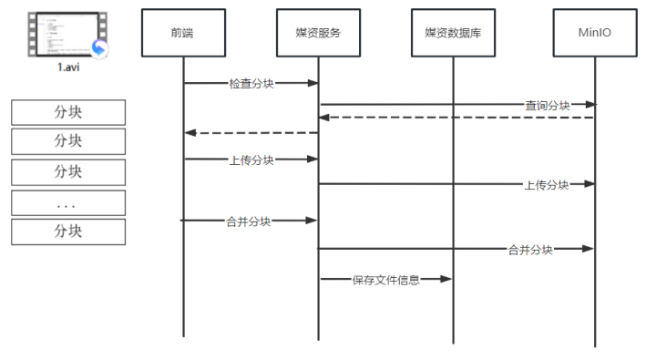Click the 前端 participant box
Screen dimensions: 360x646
182,33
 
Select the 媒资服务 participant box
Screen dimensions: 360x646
318,33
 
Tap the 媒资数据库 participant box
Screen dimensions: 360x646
453,33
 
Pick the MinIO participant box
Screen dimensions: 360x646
595,33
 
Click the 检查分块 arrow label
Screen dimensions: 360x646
251,83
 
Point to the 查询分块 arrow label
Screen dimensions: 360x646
547,105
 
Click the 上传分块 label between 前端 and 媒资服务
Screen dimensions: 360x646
251,159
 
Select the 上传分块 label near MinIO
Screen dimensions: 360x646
546,184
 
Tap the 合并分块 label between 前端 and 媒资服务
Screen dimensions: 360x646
249,221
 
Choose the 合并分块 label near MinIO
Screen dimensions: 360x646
530,249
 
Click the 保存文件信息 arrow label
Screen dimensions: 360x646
385,280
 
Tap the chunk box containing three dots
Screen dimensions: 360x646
68,202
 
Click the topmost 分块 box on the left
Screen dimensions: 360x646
68,112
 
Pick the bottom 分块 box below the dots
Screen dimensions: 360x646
68,231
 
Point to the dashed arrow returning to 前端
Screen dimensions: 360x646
251,133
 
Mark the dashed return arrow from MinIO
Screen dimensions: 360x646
456,118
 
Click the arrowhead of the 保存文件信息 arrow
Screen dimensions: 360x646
447,280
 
